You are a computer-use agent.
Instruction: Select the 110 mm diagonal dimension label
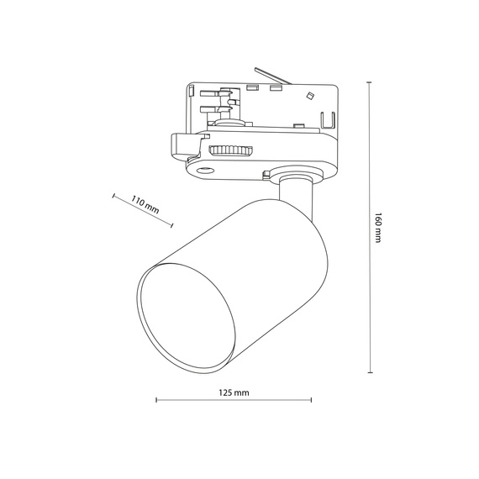145,204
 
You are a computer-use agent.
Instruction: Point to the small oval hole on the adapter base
202,171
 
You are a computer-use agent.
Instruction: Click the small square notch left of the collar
266,175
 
